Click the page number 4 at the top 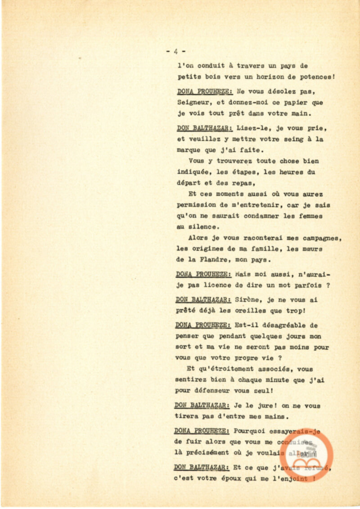point(175,51)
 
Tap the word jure point(262,405)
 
